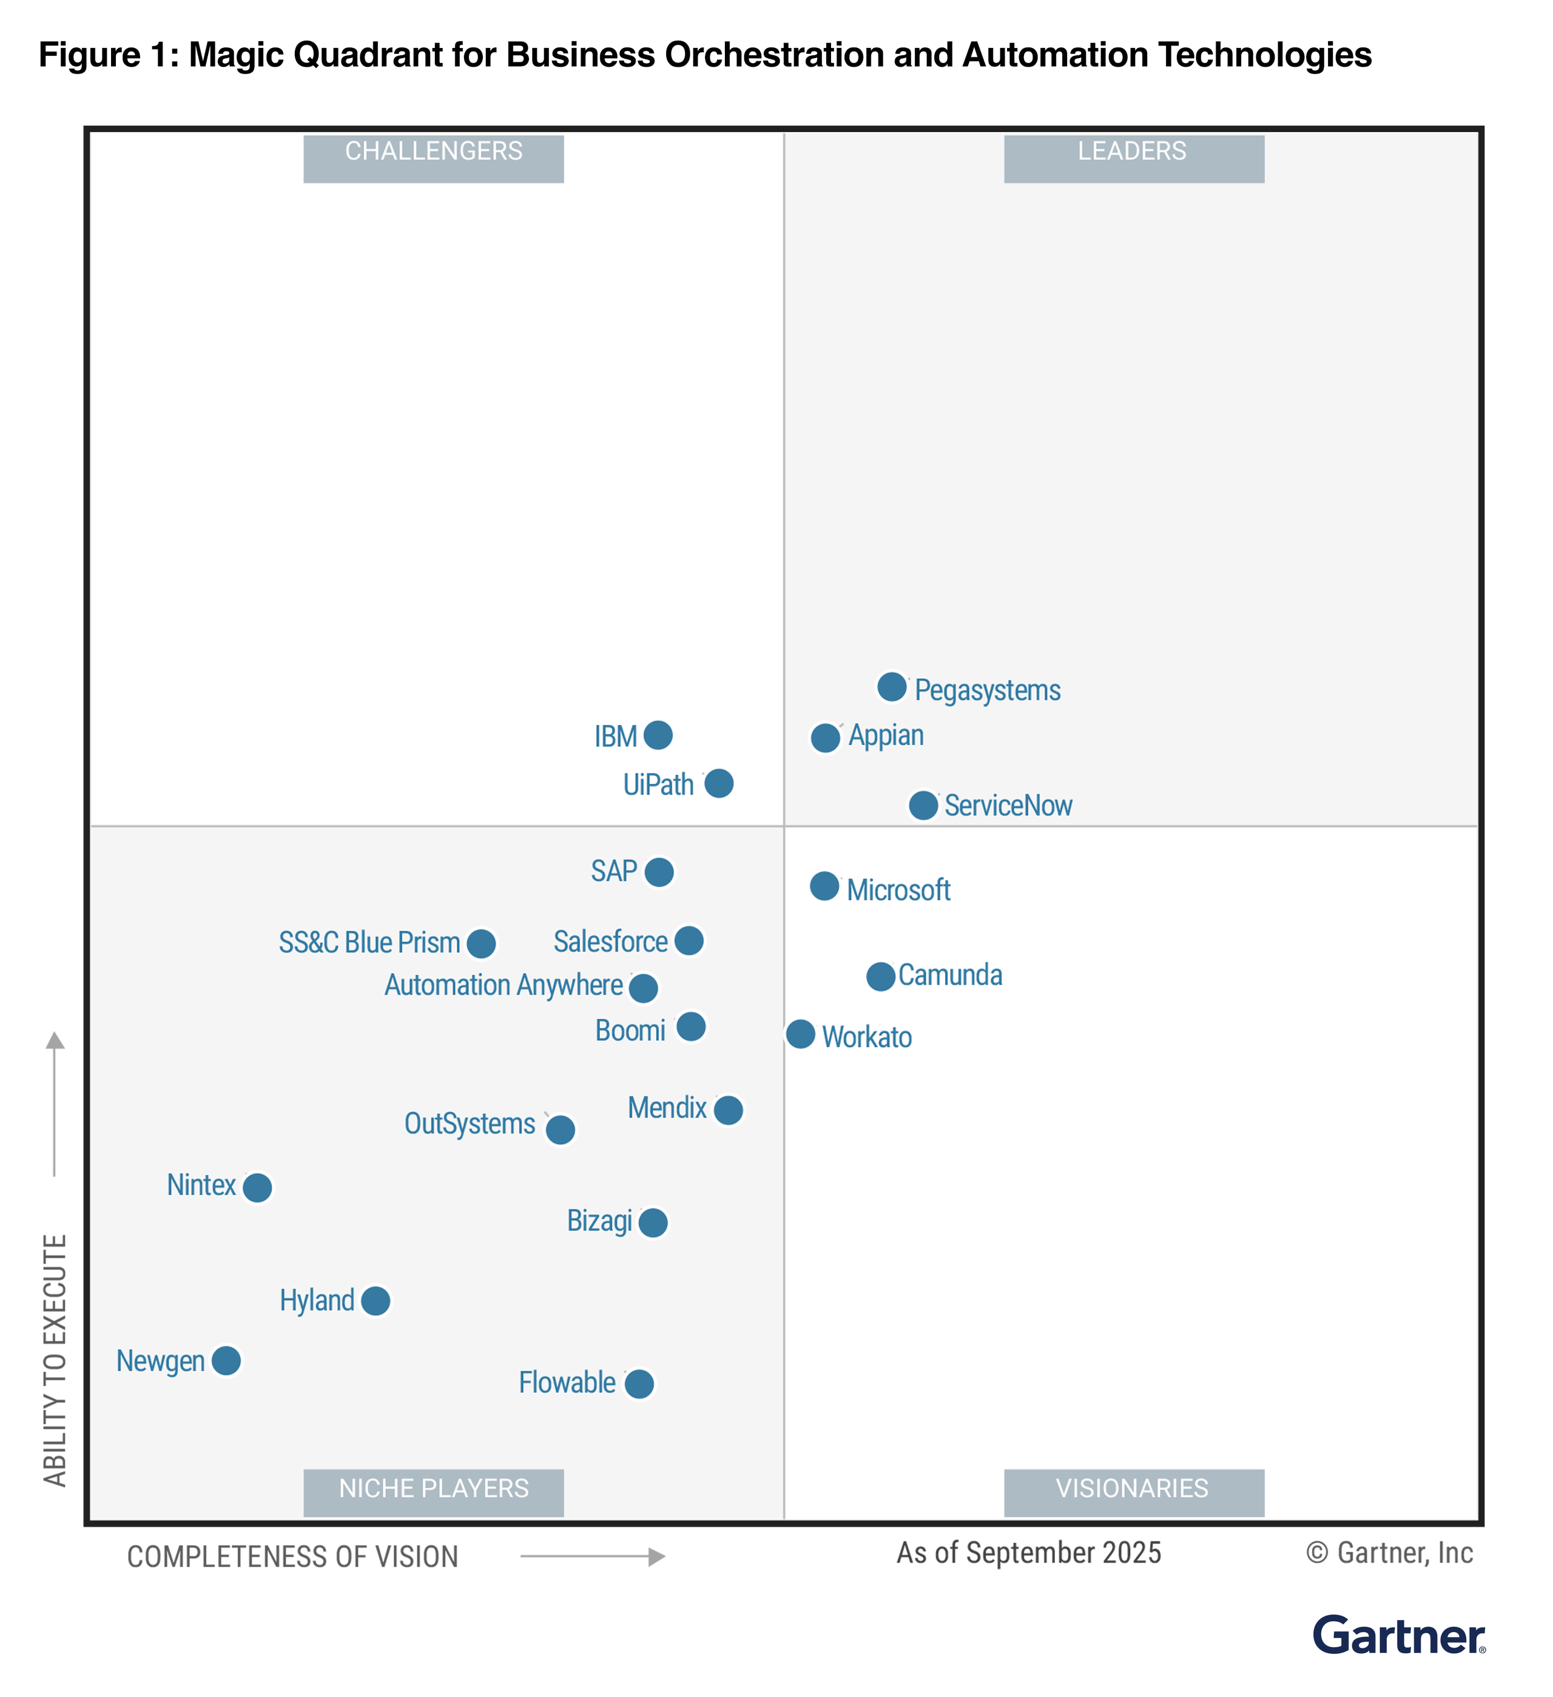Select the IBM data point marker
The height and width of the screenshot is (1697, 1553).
click(x=658, y=735)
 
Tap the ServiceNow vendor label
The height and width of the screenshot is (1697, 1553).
click(x=1008, y=806)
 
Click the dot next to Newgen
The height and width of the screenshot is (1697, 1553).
click(x=226, y=1360)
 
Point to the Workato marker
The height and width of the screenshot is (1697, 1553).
click(x=801, y=1034)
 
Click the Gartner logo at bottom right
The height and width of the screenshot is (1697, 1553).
click(x=1398, y=1636)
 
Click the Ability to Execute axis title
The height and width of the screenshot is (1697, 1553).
click(x=55, y=1360)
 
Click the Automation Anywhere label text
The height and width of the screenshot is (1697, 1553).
click(x=504, y=985)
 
